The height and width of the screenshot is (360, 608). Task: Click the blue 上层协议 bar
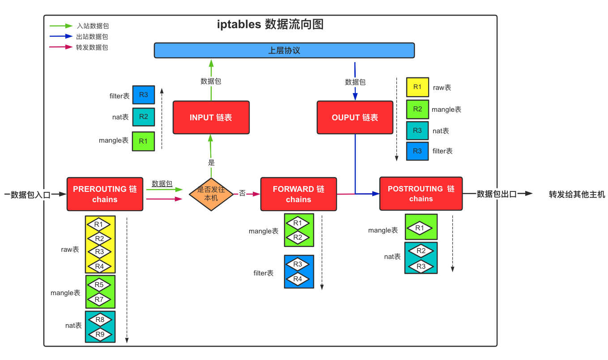pos(284,51)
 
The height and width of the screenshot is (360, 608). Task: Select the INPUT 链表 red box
pos(211,118)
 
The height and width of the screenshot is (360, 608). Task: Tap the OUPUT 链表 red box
pos(355,118)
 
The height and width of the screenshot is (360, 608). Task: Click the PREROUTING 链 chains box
pos(105,194)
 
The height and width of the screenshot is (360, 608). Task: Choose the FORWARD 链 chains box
pos(298,194)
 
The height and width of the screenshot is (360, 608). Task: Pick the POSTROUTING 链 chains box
pos(421,194)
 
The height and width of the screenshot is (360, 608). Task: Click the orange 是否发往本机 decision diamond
pos(211,194)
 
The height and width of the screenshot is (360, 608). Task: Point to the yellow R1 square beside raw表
pos(417,87)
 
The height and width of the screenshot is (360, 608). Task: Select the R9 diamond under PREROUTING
pos(100,334)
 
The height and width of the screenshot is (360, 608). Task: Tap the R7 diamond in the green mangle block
pos(99,300)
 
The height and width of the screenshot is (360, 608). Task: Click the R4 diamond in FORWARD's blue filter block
pos(298,279)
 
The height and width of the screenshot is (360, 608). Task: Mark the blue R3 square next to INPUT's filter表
pos(144,95)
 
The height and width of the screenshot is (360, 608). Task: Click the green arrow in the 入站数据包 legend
pos(61,26)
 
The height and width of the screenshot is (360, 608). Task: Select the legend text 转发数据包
pos(92,47)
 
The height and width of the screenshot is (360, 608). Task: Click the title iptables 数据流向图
pos(270,24)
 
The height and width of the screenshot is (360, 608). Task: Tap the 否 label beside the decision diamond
pos(242,193)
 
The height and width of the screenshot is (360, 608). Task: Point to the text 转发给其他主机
pos(577,194)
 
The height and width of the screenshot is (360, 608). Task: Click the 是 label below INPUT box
pos(211,163)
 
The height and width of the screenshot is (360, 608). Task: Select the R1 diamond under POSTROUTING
pos(420,228)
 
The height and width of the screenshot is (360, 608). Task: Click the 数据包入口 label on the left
pos(30,195)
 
